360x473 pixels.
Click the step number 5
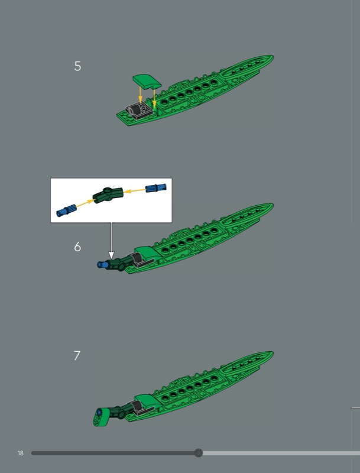(x=77, y=66)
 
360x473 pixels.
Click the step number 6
(x=77, y=247)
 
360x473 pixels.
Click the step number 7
(x=77, y=355)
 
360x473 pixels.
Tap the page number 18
(x=20, y=453)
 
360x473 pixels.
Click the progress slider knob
(x=199, y=453)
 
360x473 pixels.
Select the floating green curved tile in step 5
(x=147, y=82)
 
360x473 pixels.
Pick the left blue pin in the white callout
(x=67, y=210)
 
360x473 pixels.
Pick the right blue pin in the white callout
(x=156, y=188)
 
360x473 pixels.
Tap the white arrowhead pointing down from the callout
(x=111, y=255)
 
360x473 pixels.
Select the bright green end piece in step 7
(x=100, y=417)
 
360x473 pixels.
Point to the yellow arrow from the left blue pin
(x=85, y=203)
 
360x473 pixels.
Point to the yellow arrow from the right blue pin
(x=135, y=190)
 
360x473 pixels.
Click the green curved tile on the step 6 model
(x=147, y=253)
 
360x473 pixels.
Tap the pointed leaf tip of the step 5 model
(x=273, y=56)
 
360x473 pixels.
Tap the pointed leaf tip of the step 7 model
(x=273, y=352)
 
